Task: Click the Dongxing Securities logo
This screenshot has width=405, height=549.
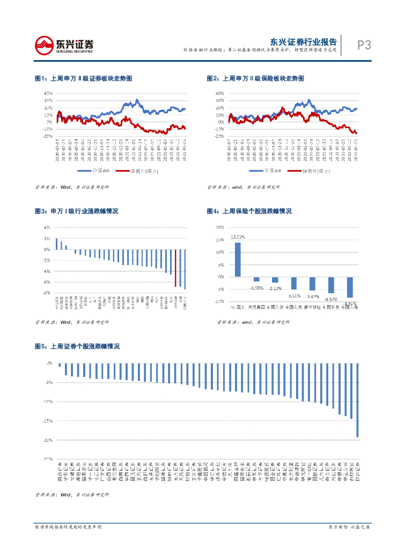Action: click(64, 45)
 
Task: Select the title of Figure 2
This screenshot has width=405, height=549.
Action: click(255, 78)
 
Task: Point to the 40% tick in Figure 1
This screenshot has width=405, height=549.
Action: click(48, 93)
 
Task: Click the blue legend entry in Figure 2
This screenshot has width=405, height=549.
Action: click(266, 171)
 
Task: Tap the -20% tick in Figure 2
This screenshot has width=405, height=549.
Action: click(220, 136)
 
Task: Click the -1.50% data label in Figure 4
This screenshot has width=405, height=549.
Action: click(256, 288)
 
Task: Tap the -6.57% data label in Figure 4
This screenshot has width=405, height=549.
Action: click(332, 299)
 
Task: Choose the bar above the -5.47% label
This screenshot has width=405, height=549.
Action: click(312, 283)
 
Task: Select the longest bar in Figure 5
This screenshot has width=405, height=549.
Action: click(358, 400)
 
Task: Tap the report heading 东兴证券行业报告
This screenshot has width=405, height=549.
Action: click(303, 41)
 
